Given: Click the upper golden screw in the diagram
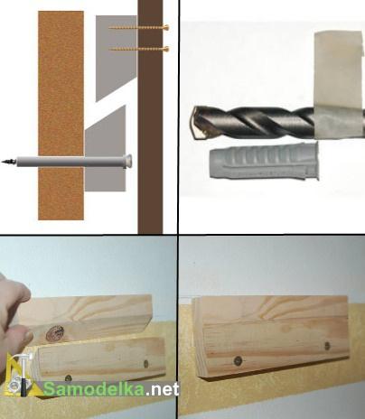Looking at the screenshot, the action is point(138,28).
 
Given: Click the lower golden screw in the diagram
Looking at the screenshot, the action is point(138,49).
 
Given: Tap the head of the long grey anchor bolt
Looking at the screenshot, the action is point(128,161).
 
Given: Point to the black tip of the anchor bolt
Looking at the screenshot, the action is point(8,162).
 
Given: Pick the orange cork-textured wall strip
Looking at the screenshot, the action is point(61,116).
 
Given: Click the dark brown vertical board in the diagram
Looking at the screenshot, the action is point(150,116).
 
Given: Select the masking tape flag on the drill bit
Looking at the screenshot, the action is point(338,84).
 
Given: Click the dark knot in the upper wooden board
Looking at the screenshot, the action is point(55,333).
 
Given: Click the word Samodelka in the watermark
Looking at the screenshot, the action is point(94,389).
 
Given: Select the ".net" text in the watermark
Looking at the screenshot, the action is point(162,390).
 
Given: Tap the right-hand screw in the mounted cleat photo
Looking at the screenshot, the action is point(327,346).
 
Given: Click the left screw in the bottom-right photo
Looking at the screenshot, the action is point(239,359).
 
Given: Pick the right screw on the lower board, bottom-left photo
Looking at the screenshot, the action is point(146,363).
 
